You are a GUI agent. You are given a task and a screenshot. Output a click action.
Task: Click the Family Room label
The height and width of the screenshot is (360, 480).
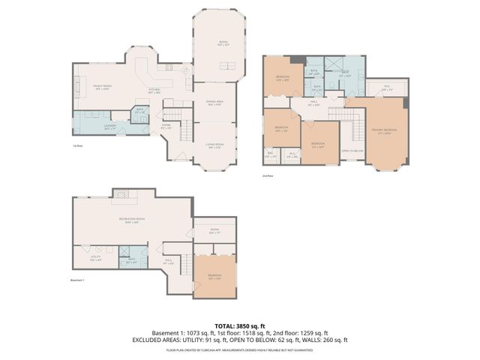(x=102, y=88)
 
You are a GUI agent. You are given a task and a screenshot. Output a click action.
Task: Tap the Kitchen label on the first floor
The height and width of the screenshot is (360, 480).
(x=155, y=90)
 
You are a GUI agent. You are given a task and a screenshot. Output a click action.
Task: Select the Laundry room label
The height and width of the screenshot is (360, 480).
(x=110, y=127)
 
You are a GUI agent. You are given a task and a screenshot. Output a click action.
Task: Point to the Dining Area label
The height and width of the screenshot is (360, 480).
(x=214, y=103)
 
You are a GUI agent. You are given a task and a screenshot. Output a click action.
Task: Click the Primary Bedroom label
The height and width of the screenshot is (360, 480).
(x=385, y=130)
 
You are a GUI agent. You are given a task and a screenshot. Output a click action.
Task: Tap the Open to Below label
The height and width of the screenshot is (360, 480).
(x=351, y=151)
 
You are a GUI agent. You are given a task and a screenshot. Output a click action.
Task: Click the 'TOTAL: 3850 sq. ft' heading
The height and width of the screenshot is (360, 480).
(x=240, y=325)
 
